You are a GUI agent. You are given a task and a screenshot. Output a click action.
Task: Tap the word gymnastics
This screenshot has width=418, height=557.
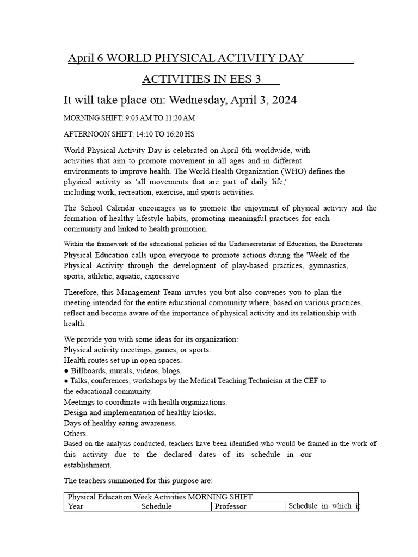pyautogui.click(x=328, y=265)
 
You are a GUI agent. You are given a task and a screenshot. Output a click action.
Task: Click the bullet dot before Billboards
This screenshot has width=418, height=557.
pyautogui.click(x=66, y=370)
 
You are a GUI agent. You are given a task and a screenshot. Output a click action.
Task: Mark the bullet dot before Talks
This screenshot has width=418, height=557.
pyautogui.click(x=66, y=381)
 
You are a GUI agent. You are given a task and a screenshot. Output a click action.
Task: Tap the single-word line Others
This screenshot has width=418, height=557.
pyautogui.click(x=75, y=433)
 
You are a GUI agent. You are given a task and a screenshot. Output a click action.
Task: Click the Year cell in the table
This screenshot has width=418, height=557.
pyautogui.click(x=76, y=506)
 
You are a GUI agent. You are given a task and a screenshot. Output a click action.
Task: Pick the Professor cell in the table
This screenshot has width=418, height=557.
pyautogui.click(x=231, y=506)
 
